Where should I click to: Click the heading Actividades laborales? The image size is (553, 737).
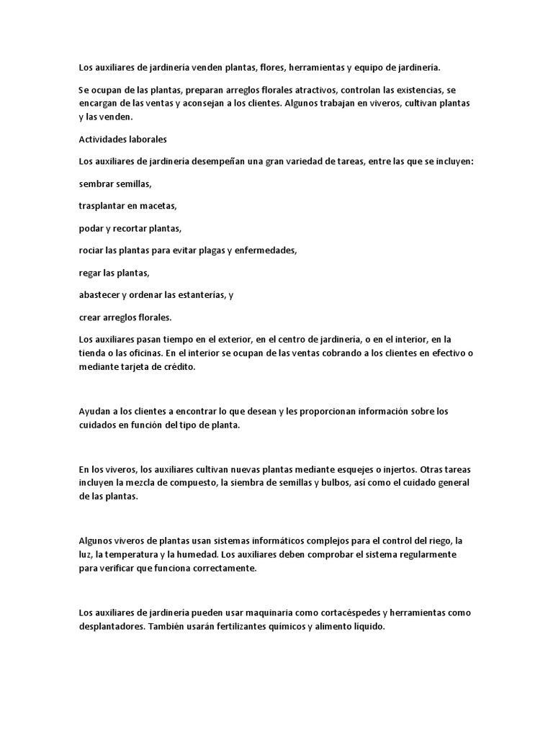[122, 139]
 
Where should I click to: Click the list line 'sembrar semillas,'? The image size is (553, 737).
[115, 184]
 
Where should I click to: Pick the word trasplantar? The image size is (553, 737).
[104, 206]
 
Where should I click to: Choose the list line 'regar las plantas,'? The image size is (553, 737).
[114, 273]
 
